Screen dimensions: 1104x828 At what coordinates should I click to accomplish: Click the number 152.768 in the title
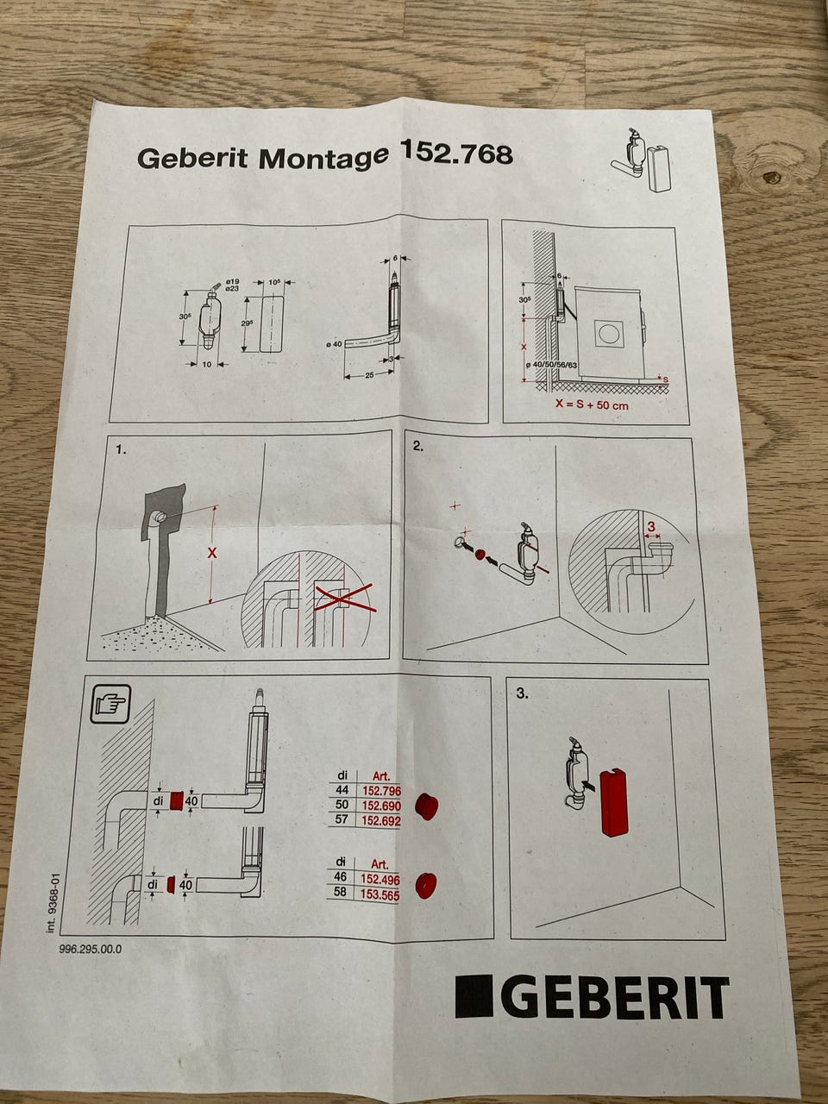coord(457,154)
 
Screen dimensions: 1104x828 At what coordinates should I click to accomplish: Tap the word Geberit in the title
coord(193,160)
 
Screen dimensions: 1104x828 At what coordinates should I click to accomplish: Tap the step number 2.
coord(418,447)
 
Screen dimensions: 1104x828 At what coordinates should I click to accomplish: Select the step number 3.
coord(521,692)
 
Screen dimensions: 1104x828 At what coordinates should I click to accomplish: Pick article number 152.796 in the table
coord(381,791)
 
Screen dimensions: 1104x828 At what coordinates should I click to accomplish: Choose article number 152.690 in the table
coord(381,806)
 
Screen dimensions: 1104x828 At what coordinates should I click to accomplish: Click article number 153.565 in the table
coord(381,894)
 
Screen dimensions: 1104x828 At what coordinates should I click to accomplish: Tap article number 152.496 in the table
coord(381,879)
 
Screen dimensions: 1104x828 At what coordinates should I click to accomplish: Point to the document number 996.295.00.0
coord(91,949)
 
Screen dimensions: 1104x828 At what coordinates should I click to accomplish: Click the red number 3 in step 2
coord(651,526)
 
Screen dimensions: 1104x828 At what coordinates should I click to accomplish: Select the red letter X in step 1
coord(212,553)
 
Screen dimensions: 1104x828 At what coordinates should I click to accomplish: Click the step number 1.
coord(122,449)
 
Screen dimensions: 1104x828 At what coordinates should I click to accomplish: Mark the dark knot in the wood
coord(770,179)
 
